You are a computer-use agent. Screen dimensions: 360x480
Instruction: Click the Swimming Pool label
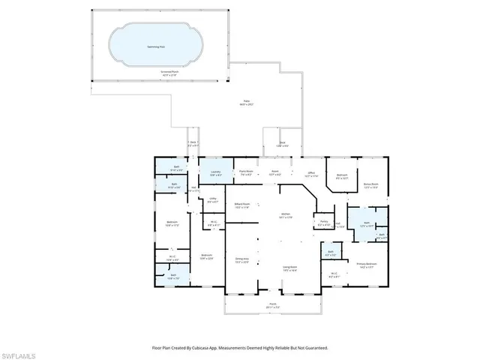(x=157, y=46)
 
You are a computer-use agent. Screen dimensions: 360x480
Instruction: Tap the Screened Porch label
(x=168, y=73)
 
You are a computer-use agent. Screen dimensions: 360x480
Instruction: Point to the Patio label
(x=247, y=101)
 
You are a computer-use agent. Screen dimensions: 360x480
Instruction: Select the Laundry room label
(x=214, y=172)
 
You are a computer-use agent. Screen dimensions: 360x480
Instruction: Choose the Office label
(x=311, y=172)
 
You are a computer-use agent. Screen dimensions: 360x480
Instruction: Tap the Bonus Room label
(x=370, y=183)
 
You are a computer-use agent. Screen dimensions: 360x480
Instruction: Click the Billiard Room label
(x=241, y=204)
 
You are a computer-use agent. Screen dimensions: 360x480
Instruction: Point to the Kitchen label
(x=285, y=214)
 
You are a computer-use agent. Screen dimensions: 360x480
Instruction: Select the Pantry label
(x=324, y=222)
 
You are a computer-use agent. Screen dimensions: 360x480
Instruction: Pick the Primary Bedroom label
(x=367, y=265)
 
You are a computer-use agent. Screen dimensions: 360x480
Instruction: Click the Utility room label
(x=212, y=199)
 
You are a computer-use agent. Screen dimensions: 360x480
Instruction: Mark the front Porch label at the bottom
(x=272, y=304)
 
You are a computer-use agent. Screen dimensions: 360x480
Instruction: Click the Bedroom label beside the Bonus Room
(x=342, y=177)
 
